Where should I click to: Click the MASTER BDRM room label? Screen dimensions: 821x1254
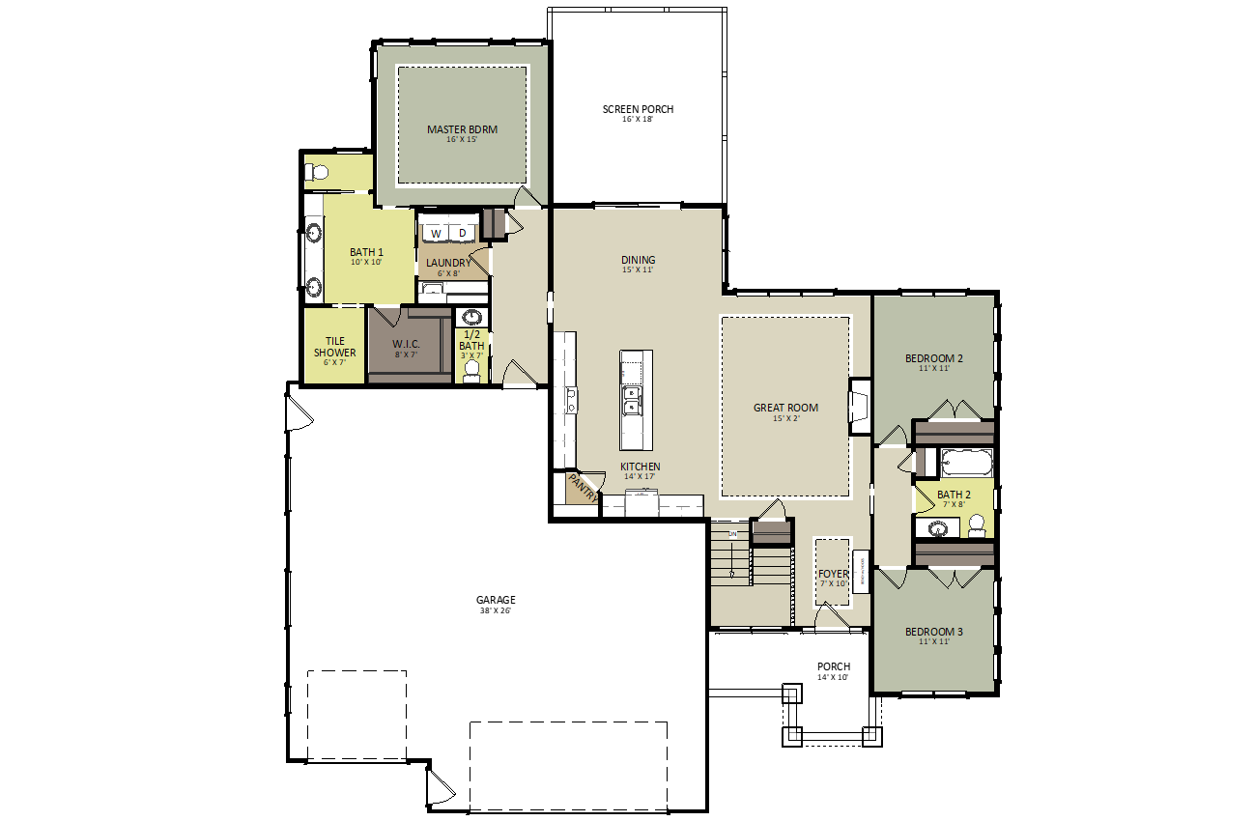462,129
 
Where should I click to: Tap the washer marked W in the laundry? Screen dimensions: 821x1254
436,234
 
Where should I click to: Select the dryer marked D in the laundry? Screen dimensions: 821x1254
462,234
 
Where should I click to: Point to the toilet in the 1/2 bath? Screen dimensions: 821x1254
472,371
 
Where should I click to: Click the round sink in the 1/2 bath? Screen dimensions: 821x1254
471,317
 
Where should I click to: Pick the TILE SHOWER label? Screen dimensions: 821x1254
334,347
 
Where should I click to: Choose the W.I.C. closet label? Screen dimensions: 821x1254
406,344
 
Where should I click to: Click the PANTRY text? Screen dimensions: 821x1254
582,488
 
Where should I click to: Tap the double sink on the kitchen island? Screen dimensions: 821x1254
633,400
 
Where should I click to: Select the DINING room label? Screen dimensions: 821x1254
639,260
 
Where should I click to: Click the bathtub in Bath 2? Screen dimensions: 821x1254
966,463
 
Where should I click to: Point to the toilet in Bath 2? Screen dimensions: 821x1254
977,525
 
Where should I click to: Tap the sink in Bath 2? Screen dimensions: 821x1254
937,528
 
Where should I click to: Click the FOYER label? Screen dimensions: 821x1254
833,574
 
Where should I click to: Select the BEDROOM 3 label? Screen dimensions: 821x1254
933,633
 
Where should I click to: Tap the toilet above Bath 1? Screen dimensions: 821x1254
318,173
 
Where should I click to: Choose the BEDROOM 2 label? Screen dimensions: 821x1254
933,358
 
